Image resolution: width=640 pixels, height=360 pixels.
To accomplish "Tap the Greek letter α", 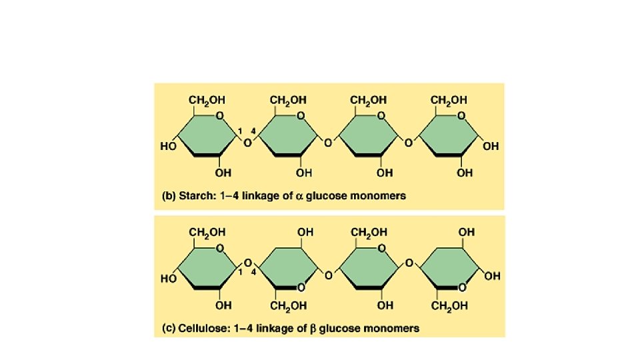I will click(298, 197).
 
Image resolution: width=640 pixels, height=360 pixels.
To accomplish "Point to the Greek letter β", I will click(312, 328).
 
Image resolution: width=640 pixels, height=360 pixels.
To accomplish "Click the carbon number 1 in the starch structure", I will click(238, 130).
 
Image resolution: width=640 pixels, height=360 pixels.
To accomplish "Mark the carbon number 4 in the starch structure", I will click(253, 130).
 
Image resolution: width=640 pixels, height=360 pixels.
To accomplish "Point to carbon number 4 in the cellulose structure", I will click(253, 272).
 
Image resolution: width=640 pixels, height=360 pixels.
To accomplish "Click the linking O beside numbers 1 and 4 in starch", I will click(246, 142).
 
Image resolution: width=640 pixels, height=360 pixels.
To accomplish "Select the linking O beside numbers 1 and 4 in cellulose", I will click(246, 261).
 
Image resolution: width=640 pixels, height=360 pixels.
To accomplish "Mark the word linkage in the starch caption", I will click(266, 197).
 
